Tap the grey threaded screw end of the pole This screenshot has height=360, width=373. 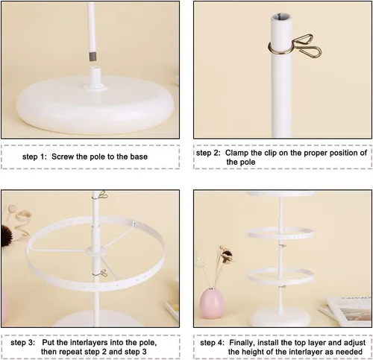tap(93, 57)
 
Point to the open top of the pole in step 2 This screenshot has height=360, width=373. tap(281, 17)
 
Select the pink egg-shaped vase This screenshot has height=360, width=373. tap(212, 303)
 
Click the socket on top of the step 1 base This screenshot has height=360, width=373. tap(95, 78)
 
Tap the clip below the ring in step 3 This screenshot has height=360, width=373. tap(100, 274)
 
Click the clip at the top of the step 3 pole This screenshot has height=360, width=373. tap(101, 195)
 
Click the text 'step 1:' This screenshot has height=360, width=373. tap(34, 157)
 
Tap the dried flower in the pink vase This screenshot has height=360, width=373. tap(225, 256)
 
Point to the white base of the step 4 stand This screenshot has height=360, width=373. tap(279, 318)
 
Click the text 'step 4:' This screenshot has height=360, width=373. tap(212, 343)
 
